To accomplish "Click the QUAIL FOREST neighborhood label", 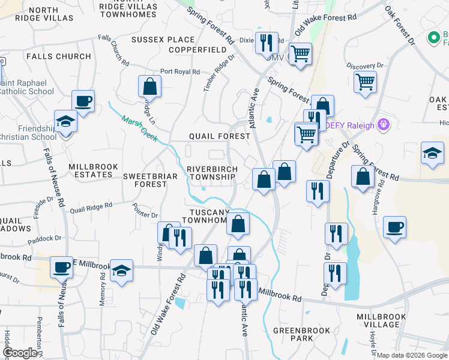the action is (x=219, y=136).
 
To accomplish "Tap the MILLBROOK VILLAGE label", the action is (x=381, y=320).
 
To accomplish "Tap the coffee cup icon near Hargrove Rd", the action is (x=394, y=227).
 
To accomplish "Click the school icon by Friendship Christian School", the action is (x=65, y=122).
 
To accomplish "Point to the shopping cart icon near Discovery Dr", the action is (x=365, y=81).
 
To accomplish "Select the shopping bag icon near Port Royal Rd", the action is (x=149, y=86).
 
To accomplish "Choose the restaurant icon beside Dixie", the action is (x=266, y=43).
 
